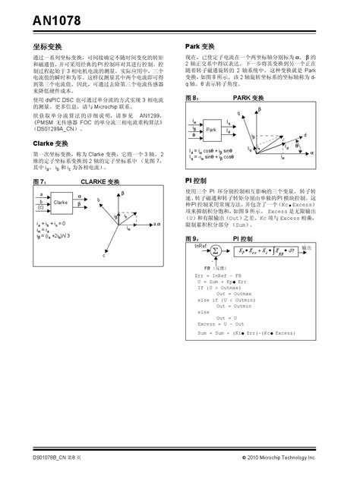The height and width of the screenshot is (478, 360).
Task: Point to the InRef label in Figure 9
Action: coord(201,245)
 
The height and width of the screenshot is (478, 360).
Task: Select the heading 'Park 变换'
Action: coord(202,46)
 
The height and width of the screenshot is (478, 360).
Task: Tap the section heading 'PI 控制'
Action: coord(199,181)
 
